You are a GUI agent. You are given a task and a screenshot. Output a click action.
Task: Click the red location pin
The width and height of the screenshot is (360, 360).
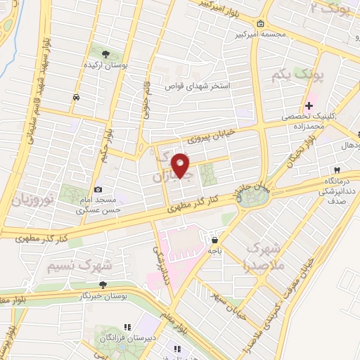pyautogui.click(x=181, y=166)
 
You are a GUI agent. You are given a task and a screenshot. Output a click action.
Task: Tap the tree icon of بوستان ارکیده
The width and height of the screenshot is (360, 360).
pyautogui.click(x=105, y=53)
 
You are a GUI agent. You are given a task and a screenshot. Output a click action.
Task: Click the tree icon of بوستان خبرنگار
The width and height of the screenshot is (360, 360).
pyautogui.click(x=103, y=285)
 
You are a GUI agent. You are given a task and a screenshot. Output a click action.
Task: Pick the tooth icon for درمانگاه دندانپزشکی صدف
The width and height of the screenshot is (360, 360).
pyautogui.click(x=337, y=170)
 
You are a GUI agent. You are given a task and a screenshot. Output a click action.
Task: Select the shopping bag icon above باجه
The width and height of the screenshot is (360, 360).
pyautogui.click(x=214, y=240)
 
